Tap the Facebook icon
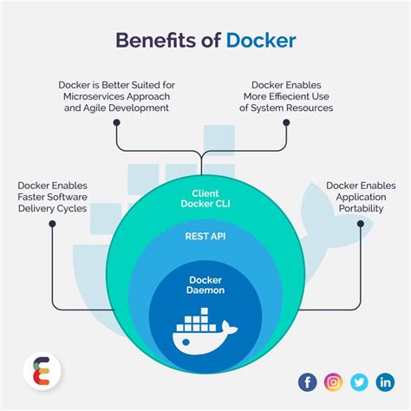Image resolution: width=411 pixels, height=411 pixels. coord(308,382)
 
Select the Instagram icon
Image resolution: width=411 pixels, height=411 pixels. coord(334,382)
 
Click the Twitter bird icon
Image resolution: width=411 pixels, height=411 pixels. coord(359,382)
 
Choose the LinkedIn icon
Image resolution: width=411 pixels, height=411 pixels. coord(384,382)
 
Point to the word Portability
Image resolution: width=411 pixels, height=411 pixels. coord(361,209)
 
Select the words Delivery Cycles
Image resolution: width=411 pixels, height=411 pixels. coord(53,209)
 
